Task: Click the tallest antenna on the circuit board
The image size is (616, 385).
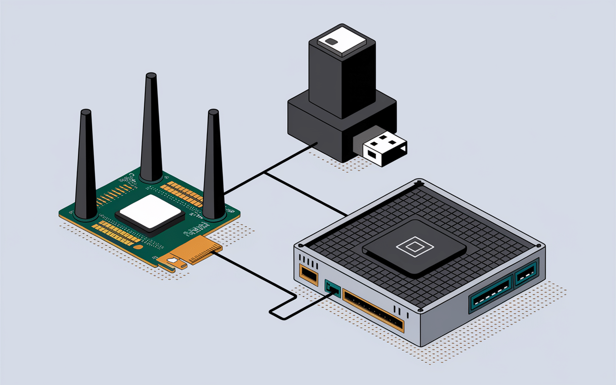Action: click(x=151, y=130)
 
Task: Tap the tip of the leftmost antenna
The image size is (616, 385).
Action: click(x=86, y=113)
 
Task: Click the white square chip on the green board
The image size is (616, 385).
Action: click(x=150, y=211)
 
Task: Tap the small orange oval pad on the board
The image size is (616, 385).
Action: click(x=139, y=247)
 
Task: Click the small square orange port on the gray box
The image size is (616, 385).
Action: click(x=308, y=273)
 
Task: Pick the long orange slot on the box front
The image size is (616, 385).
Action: click(x=373, y=310)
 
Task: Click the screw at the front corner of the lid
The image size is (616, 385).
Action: click(x=421, y=309)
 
